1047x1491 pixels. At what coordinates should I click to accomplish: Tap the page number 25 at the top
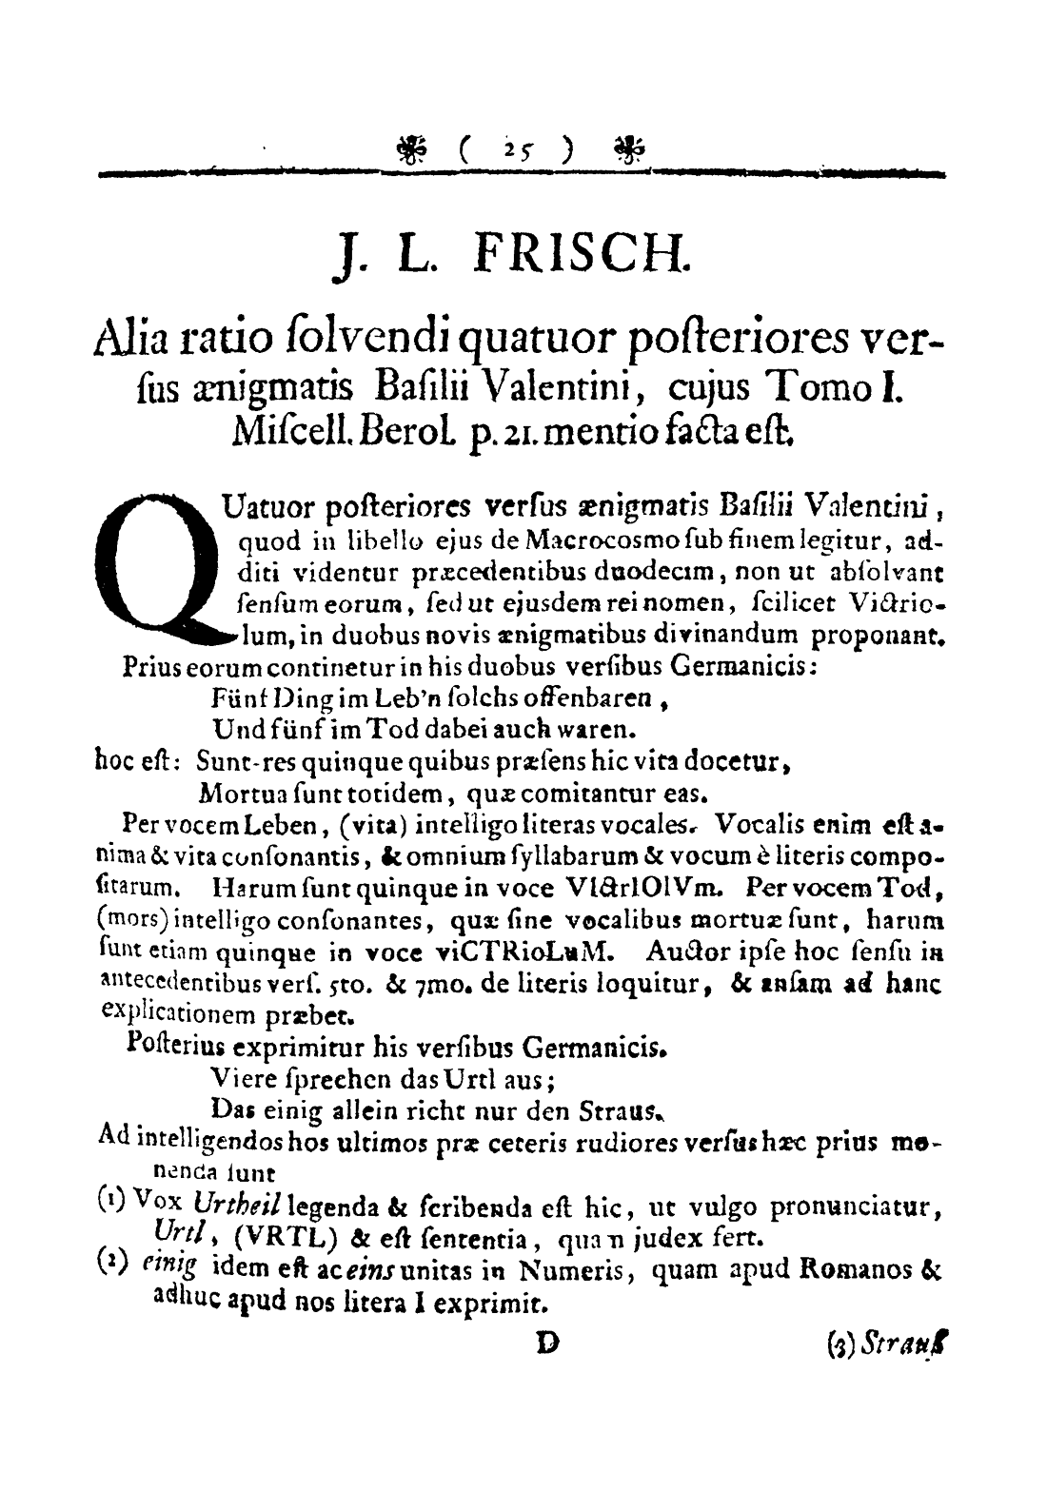(x=520, y=150)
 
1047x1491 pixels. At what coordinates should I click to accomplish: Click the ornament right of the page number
(x=628, y=148)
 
